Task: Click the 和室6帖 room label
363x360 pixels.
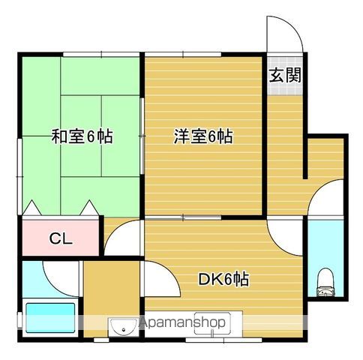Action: [x=82, y=136]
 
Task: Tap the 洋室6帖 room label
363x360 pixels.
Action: [x=203, y=136]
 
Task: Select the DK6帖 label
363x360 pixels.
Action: [x=223, y=279]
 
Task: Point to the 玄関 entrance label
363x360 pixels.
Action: [x=285, y=75]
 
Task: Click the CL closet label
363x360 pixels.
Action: [x=61, y=238]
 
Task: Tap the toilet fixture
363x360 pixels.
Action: [x=325, y=283]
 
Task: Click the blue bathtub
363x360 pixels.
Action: [x=50, y=318]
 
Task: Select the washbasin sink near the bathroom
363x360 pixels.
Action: [x=124, y=326]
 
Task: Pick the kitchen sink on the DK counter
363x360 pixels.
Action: [x=212, y=324]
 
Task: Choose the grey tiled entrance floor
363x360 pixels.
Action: [x=285, y=76]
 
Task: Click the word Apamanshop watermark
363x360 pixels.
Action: [x=182, y=322]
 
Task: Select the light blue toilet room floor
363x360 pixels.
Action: [x=325, y=257]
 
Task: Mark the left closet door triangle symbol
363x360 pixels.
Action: [x=31, y=208]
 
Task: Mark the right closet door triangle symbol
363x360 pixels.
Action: [x=89, y=208]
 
